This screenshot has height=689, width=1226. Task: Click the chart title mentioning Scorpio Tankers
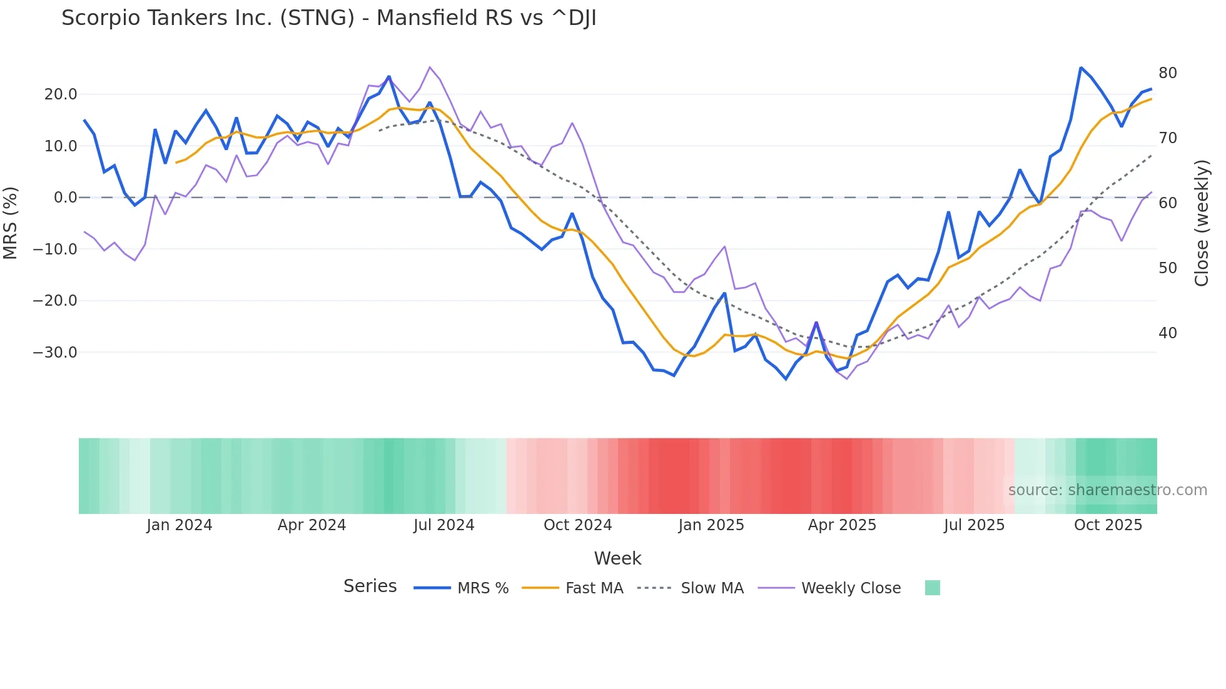(328, 18)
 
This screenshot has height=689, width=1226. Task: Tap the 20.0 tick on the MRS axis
(61, 94)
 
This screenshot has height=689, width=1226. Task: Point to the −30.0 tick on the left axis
(55, 353)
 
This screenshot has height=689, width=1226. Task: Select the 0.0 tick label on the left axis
(65, 198)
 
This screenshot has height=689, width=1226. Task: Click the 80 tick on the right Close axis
(1167, 73)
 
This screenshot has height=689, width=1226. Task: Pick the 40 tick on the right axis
(1167, 333)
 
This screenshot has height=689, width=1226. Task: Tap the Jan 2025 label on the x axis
(711, 525)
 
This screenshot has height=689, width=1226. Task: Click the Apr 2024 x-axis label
(312, 525)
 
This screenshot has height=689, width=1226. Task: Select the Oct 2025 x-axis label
(1108, 525)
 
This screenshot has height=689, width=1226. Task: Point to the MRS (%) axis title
(11, 223)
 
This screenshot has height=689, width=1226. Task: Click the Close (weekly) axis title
(1202, 223)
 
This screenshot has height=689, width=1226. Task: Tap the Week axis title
(617, 558)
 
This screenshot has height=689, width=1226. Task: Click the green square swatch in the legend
(932, 588)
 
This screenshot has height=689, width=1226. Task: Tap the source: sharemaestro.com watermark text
(1107, 490)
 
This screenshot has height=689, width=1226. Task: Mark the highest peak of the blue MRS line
(1081, 68)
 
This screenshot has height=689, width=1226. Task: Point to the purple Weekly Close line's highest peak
(430, 67)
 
